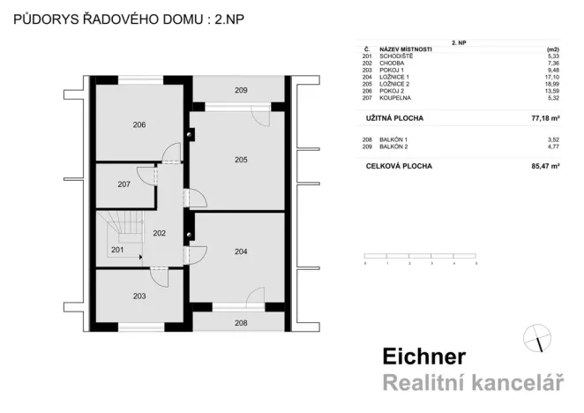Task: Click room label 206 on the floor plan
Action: tap(139, 125)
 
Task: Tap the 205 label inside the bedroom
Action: tap(240, 160)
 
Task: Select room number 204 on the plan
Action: tap(240, 252)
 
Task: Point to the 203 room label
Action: tap(139, 297)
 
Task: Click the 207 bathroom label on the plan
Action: tap(124, 185)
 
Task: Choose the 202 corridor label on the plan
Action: tap(160, 234)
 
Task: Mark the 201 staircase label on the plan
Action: tap(117, 251)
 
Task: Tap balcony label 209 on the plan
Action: tap(240, 90)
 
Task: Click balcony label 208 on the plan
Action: tap(240, 323)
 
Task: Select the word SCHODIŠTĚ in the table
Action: tap(396, 56)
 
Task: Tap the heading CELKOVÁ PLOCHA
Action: tap(399, 165)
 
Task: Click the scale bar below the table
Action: tap(421, 258)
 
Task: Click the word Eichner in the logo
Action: tap(423, 357)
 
